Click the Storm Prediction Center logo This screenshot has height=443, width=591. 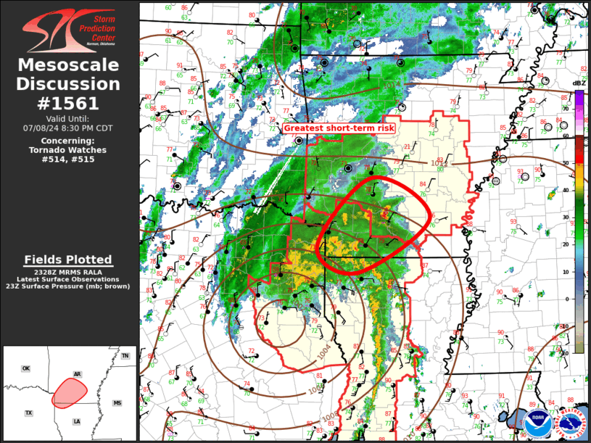[69, 30]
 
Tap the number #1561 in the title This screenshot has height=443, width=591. [69, 103]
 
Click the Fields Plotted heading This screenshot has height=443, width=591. [68, 260]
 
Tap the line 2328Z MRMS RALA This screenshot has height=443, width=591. [69, 272]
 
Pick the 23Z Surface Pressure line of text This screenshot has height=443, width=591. [69, 286]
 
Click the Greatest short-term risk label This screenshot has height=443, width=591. [339, 128]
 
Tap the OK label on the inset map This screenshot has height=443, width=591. [26, 369]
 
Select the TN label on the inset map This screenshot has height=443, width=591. [125, 356]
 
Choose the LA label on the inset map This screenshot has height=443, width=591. [76, 421]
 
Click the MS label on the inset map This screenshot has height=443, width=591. [117, 403]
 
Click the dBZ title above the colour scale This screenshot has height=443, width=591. [579, 83]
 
